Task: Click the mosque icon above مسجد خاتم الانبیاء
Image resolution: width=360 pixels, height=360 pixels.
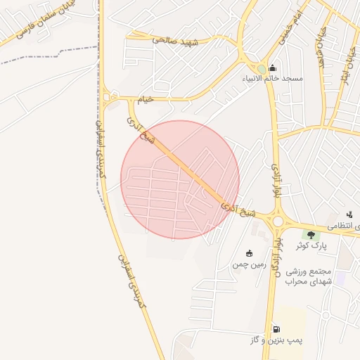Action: coord(273,67)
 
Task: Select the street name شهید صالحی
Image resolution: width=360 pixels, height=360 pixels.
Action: coord(176,40)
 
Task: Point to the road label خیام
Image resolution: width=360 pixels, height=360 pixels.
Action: coord(144,101)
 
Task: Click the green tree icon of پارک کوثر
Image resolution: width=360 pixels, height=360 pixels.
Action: coord(310,234)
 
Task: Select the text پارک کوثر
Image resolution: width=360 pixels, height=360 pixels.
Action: coord(311,245)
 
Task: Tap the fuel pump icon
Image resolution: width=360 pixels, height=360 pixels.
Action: coord(276,328)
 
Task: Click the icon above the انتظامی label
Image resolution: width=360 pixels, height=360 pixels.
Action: coord(349,214)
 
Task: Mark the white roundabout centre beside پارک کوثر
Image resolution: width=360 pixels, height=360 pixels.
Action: coord(278,221)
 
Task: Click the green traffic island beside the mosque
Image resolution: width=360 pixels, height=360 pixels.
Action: coord(261,68)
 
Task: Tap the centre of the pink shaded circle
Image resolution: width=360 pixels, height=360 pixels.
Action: coord(180,179)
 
